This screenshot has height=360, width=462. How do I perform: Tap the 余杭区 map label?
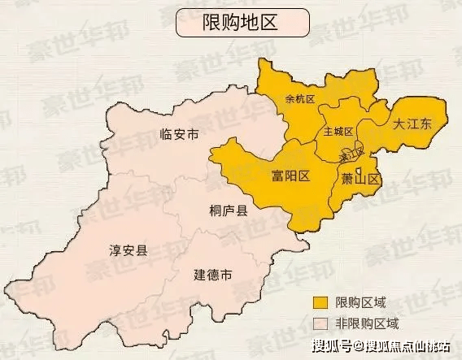tap(299, 99)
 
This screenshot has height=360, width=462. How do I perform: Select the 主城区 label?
tap(338, 131)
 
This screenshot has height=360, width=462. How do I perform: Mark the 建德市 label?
tap(212, 275)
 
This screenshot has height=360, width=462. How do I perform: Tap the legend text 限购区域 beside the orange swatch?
tap(359, 303)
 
